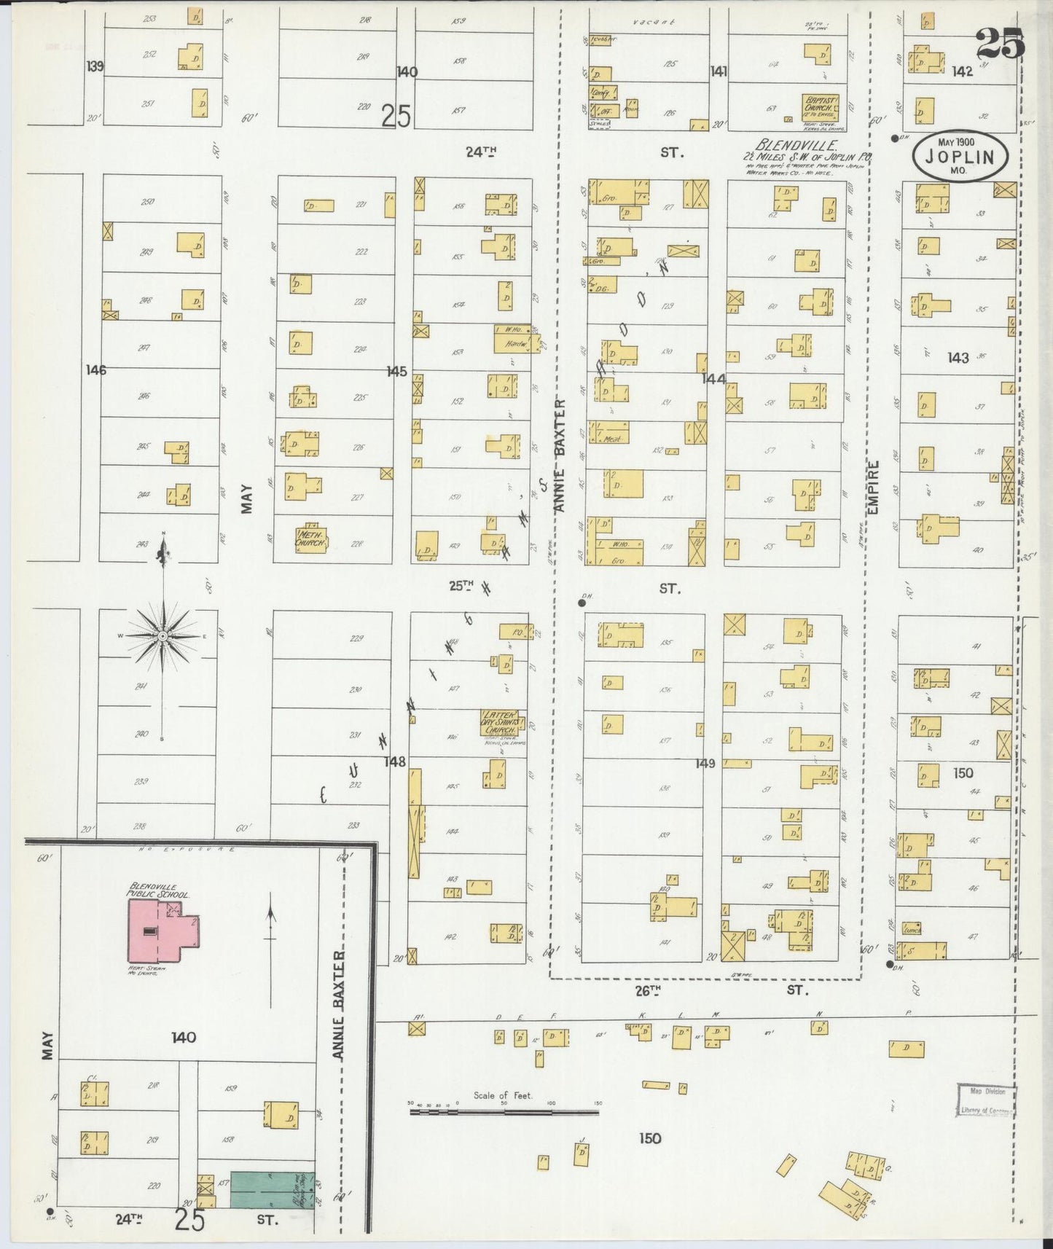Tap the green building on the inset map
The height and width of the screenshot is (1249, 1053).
click(x=272, y=1191)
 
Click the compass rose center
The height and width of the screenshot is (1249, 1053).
click(x=163, y=636)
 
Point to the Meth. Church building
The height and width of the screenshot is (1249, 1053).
click(x=311, y=539)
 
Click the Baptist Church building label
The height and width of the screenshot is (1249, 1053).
click(x=821, y=103)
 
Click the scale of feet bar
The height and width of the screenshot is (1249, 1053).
click(x=504, y=1112)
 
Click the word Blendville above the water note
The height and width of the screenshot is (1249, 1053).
click(x=796, y=144)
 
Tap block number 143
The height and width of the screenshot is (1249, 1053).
click(x=958, y=357)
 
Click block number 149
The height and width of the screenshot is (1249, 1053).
click(x=705, y=764)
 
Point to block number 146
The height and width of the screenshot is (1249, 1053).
click(x=95, y=370)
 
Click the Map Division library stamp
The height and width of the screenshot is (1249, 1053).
click(x=986, y=1100)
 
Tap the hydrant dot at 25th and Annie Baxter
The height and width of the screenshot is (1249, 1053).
click(x=582, y=603)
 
